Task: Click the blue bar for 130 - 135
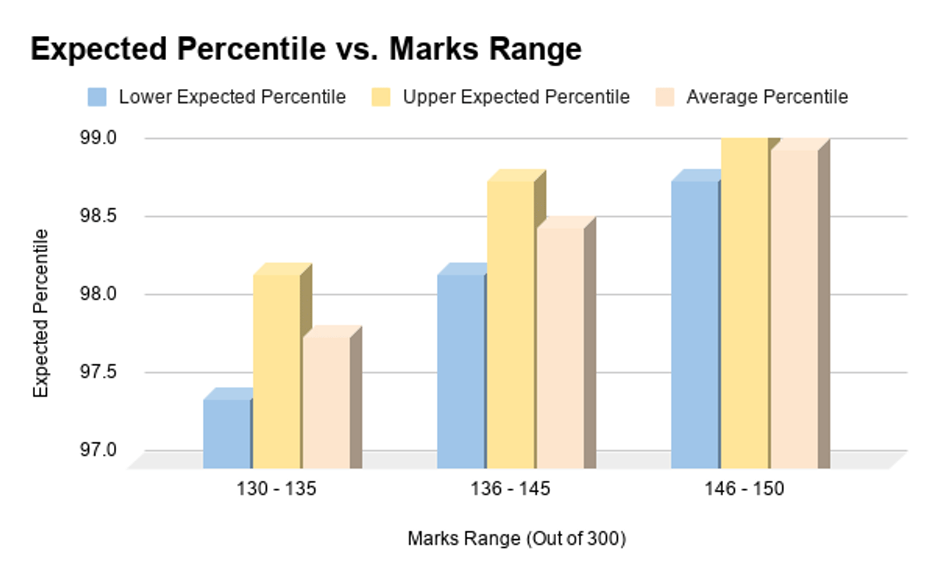pos(226,434)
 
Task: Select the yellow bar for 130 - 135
pos(276,371)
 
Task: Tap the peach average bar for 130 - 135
pos(326,403)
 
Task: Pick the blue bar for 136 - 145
pos(460,371)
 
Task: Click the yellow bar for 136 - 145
pos(510,325)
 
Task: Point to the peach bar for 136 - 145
pos(560,348)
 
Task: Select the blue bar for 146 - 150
pos(694,325)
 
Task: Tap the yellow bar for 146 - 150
pos(744,304)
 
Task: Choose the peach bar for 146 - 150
pos(794,309)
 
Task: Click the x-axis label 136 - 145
pos(511,490)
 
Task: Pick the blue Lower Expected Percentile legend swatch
pos(97,98)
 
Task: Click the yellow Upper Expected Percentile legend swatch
pos(381,98)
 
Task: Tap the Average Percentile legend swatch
pos(665,98)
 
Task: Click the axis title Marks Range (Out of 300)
pos(516,538)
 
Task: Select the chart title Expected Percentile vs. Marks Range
pos(306,49)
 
